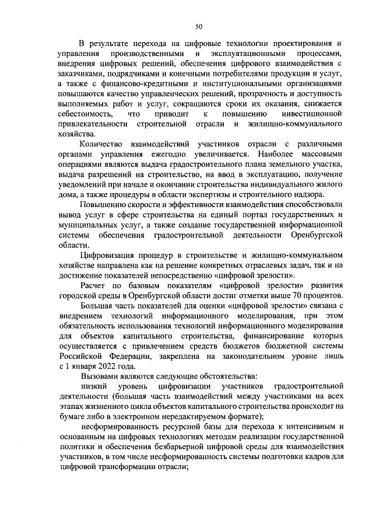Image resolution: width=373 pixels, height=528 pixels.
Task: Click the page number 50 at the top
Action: (x=199, y=26)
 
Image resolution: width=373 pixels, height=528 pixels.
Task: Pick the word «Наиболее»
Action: (x=273, y=155)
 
